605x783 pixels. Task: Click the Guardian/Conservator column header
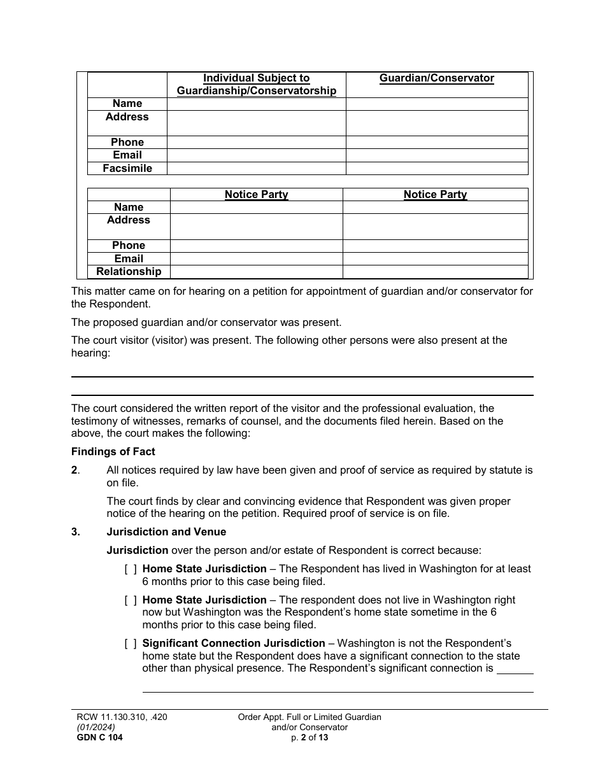[x=436, y=78]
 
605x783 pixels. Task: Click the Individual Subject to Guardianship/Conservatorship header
[x=256, y=85]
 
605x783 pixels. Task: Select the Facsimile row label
[x=127, y=168]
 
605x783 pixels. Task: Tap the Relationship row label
[x=129, y=272]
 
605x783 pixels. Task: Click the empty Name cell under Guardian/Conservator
[x=436, y=104]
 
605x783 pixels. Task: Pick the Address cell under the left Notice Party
[x=256, y=226]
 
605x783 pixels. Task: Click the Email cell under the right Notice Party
[x=435, y=259]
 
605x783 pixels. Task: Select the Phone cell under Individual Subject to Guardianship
[x=256, y=143]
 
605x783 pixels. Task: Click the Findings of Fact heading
[x=113, y=452]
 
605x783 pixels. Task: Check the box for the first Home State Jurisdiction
[x=131, y=569]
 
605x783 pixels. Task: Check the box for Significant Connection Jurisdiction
[x=131, y=644]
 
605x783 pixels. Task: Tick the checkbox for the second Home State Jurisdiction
[x=131, y=600]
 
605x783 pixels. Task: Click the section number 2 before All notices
[x=75, y=470]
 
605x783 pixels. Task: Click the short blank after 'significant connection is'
[x=515, y=669]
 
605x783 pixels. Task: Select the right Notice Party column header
[x=435, y=195]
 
